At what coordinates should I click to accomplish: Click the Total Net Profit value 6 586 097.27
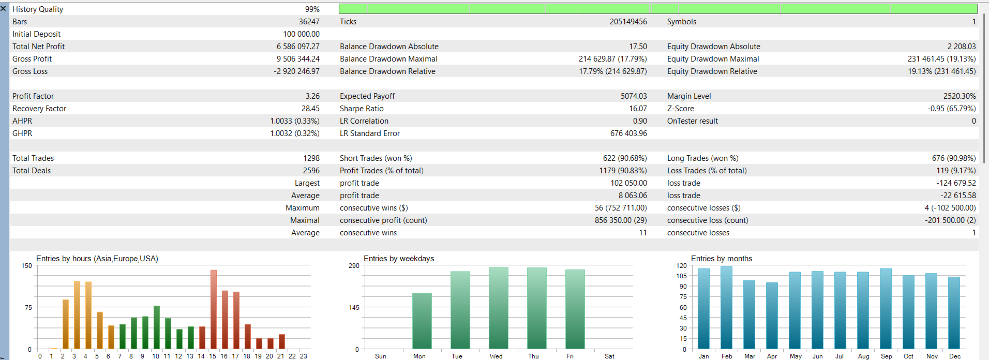[x=298, y=47]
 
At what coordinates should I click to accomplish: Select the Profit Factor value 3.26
[x=312, y=96]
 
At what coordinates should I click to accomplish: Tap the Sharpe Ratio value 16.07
[x=638, y=109]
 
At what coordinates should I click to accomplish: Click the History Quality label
[x=38, y=9]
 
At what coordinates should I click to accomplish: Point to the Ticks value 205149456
[x=628, y=22]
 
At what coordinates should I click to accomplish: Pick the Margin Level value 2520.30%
[x=960, y=96]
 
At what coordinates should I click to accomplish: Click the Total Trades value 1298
[x=311, y=158]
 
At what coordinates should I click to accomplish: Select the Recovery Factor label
[x=39, y=109]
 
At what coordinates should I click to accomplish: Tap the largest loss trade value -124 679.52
[x=956, y=183]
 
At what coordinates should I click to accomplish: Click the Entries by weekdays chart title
[x=399, y=259]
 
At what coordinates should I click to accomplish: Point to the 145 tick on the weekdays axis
[x=354, y=307]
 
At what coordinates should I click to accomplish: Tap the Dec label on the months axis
[x=955, y=356]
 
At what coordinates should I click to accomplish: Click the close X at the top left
[x=4, y=9]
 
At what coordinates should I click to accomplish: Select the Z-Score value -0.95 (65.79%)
[x=952, y=109]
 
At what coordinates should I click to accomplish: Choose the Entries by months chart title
[x=722, y=259]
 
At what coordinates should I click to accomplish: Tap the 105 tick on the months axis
[x=681, y=276]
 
